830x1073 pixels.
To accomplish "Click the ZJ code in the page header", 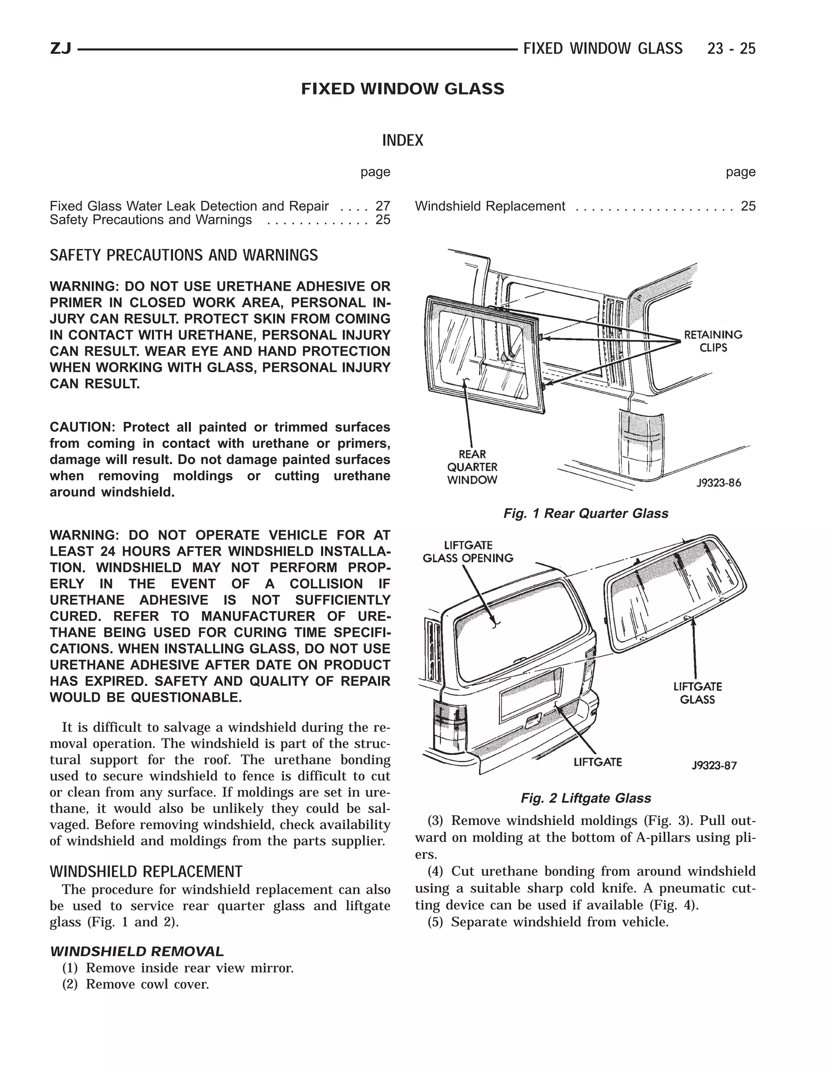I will pyautogui.click(x=60, y=49).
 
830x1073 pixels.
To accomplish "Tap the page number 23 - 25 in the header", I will pyautogui.click(x=731, y=49).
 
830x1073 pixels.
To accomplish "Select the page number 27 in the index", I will pyautogui.click(x=383, y=207).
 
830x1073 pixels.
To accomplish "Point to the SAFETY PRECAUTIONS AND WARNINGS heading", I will pyautogui.click(x=184, y=255).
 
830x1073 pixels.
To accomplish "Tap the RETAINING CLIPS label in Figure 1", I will pyautogui.click(x=713, y=341).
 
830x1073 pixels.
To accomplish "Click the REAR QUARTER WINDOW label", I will pyautogui.click(x=472, y=467).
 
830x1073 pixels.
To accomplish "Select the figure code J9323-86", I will pyautogui.click(x=719, y=483).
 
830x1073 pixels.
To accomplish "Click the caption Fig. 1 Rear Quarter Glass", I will pyautogui.click(x=585, y=513).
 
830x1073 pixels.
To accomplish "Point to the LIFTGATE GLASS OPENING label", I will pyautogui.click(x=468, y=552).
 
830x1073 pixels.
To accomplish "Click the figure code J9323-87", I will pyautogui.click(x=714, y=765).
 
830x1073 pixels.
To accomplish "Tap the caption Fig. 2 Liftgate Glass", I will pyautogui.click(x=585, y=798).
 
